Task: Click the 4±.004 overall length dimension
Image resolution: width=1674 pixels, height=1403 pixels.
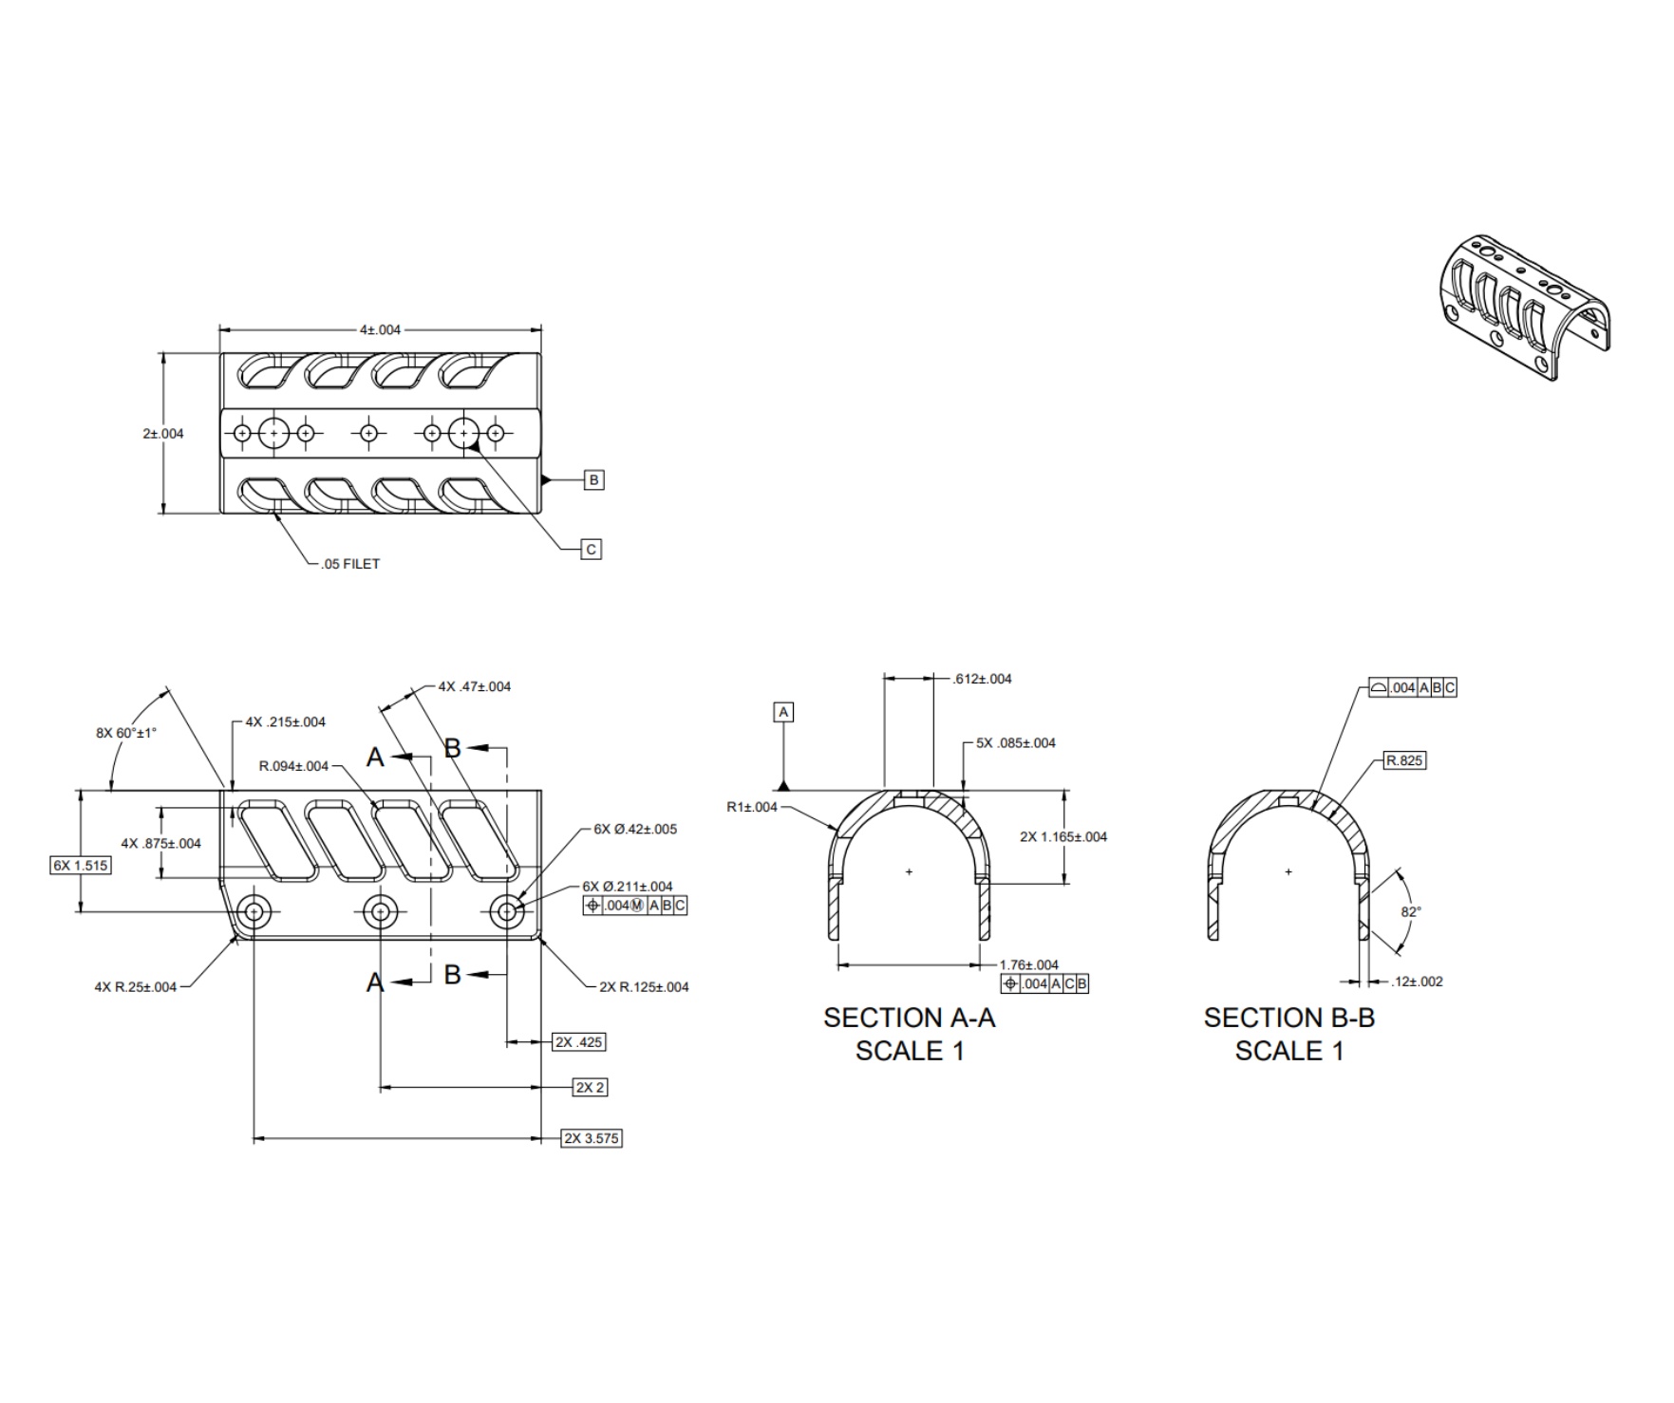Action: tap(380, 330)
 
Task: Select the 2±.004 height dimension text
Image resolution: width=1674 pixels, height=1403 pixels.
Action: tap(163, 434)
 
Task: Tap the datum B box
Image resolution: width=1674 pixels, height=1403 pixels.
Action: tap(593, 480)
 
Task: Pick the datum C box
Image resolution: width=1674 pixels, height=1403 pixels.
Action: tap(591, 550)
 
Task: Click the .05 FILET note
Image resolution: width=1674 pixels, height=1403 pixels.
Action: tap(350, 564)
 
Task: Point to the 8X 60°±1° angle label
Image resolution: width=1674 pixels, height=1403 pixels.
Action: tap(126, 733)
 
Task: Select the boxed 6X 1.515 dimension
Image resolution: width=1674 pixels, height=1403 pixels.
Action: tap(80, 865)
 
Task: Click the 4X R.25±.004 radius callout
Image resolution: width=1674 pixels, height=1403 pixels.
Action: tap(135, 987)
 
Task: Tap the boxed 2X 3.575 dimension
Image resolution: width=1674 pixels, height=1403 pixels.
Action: tap(592, 1138)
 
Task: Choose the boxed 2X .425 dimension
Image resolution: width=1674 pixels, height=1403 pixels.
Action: tap(579, 1042)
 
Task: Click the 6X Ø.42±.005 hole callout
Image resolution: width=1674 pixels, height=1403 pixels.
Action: tap(635, 829)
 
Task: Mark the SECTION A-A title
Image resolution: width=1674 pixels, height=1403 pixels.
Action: tap(910, 1018)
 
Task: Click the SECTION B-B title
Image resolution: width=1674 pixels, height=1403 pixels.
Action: tap(1289, 1018)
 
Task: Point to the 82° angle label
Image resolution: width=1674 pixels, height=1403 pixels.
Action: tap(1411, 911)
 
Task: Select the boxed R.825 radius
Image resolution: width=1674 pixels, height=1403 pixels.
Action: tap(1404, 760)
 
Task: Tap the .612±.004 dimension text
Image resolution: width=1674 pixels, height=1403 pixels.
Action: tap(982, 679)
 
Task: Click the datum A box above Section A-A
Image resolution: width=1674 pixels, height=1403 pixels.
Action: tap(783, 712)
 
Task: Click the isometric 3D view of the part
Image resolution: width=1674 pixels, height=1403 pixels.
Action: tap(1524, 306)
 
